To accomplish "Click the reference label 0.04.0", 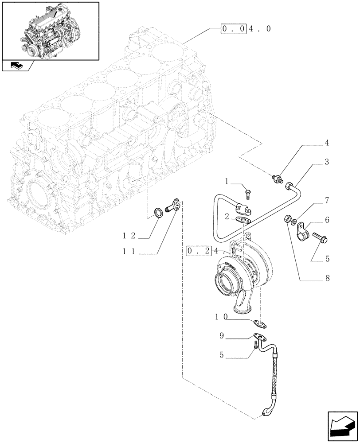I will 245,29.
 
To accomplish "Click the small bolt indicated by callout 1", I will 247,194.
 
